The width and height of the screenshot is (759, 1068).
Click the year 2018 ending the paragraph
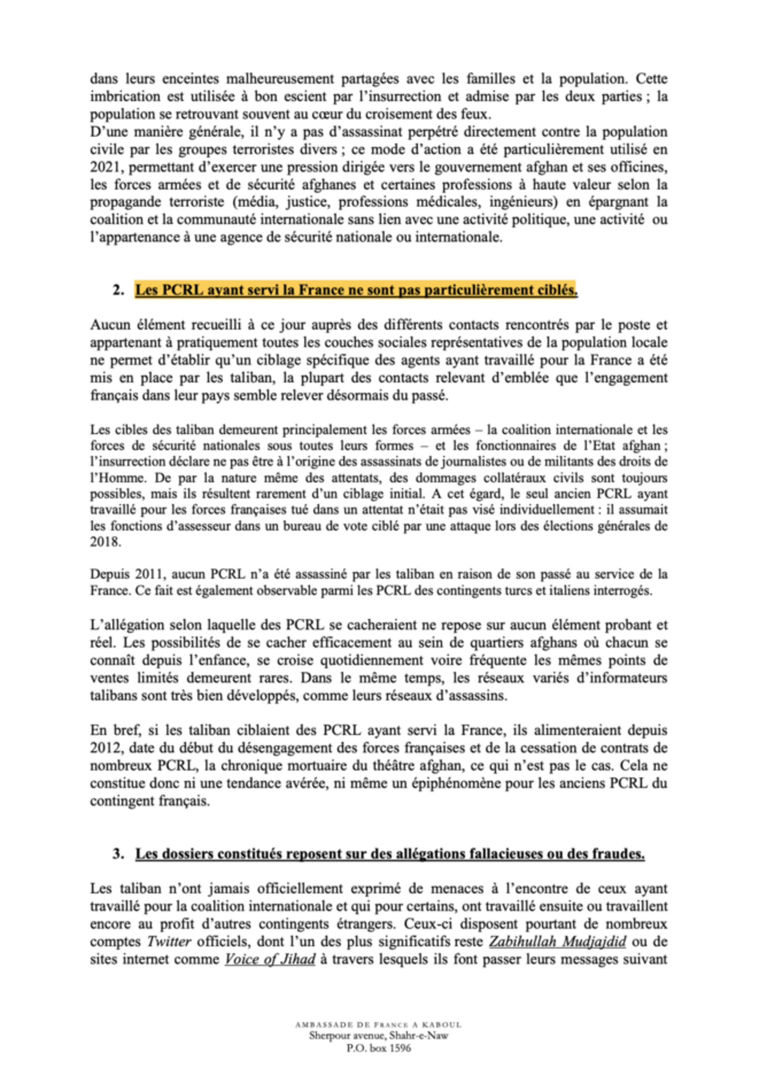(105, 542)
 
